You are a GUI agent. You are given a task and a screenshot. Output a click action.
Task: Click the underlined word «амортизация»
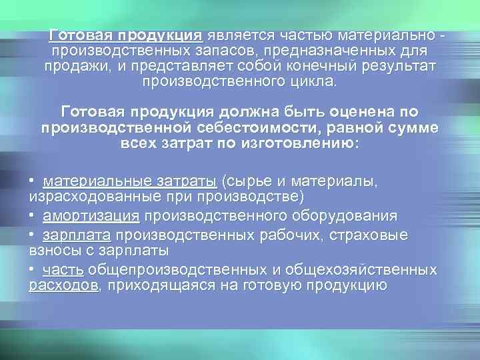pos(91,216)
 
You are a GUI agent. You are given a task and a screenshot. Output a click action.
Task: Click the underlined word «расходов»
pos(63,286)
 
